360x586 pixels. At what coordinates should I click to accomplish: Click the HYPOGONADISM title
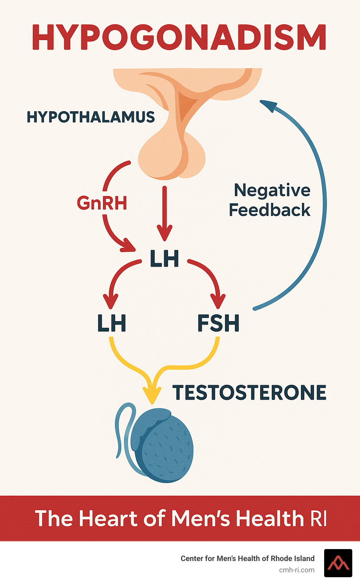tap(179, 38)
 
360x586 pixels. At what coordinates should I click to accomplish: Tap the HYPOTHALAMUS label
tap(91, 117)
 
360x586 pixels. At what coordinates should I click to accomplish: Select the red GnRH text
tap(102, 203)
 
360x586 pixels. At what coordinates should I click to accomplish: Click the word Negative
tap(272, 191)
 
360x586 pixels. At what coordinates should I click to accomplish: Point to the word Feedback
tap(270, 210)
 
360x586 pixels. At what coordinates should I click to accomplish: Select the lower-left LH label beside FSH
tap(111, 324)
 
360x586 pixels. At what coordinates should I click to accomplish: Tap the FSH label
tap(218, 324)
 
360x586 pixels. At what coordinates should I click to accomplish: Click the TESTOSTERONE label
tap(249, 393)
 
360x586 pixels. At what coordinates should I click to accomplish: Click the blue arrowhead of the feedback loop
tap(269, 105)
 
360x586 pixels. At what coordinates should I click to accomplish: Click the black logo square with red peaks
tap(338, 563)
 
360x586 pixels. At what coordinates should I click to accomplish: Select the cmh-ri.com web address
tap(297, 570)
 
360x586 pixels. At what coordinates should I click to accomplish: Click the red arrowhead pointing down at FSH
tap(218, 302)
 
